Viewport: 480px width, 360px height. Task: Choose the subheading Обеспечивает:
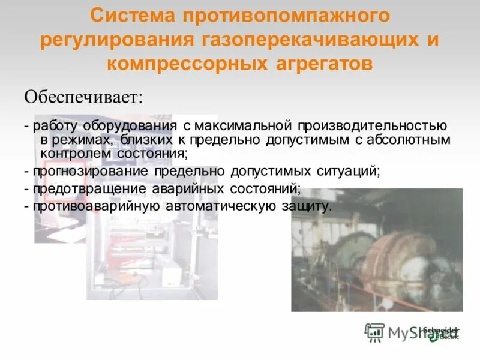pyautogui.click(x=83, y=97)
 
